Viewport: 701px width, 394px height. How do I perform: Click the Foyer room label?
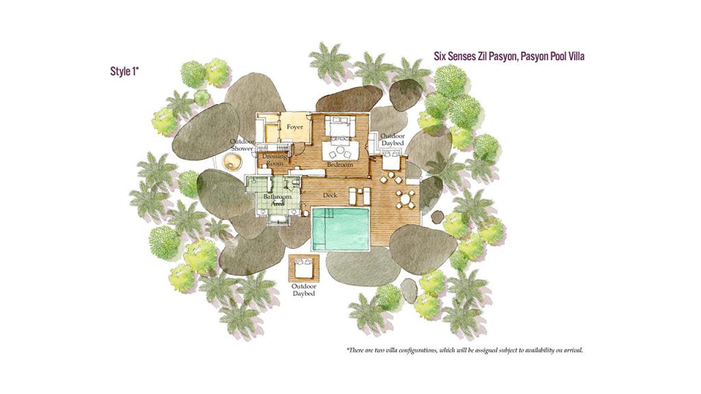click(x=294, y=127)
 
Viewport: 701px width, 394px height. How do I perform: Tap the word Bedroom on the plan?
click(x=340, y=164)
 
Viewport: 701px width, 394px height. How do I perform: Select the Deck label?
click(x=330, y=195)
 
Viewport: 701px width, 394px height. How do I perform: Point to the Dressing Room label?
click(x=274, y=160)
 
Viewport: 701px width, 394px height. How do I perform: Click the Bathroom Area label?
click(x=277, y=200)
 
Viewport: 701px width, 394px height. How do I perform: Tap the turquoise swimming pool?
click(x=340, y=228)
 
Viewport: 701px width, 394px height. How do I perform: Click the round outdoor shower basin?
click(x=232, y=161)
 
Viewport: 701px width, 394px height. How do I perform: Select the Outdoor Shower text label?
click(x=242, y=145)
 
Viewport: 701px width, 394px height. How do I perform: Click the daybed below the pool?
click(x=303, y=267)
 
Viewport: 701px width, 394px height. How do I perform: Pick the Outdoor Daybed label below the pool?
click(x=303, y=290)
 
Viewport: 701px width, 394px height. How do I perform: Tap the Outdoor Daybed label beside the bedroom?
click(x=392, y=140)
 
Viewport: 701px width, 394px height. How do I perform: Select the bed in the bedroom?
click(x=340, y=126)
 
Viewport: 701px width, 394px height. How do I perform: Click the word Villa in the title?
click(x=574, y=56)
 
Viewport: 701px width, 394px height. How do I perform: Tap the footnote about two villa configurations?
click(x=465, y=350)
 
